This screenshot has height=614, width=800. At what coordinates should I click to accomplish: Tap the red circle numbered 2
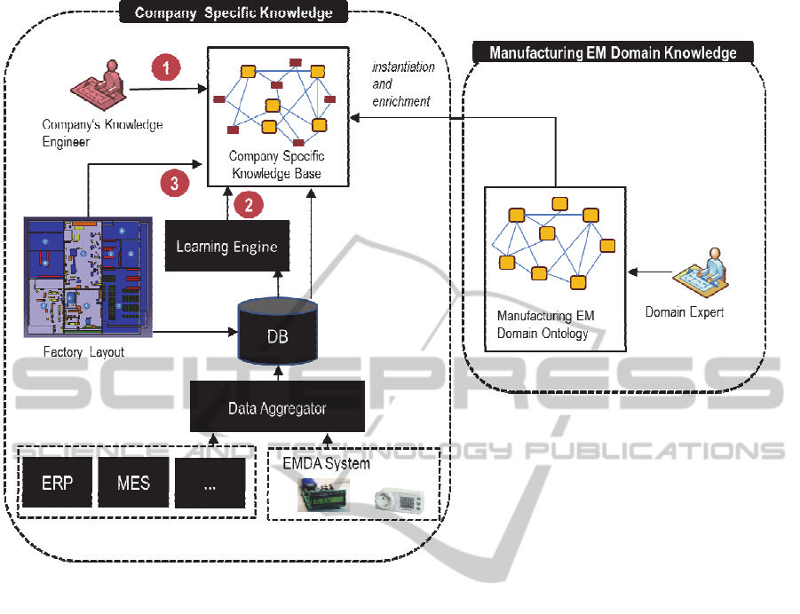click(248, 204)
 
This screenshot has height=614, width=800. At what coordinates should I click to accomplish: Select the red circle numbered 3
click(175, 184)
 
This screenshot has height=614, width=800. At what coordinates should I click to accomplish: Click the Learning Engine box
click(227, 246)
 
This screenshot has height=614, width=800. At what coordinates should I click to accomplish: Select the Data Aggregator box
click(278, 407)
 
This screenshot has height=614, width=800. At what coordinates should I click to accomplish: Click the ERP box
click(58, 483)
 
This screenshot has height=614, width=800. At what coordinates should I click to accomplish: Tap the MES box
click(133, 483)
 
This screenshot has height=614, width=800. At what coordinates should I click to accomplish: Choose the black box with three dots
click(210, 483)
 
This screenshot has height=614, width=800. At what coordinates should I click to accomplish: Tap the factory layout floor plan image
click(87, 276)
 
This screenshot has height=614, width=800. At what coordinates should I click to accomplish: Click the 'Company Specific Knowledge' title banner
click(234, 12)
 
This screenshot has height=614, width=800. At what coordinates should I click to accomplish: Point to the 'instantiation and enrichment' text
click(402, 84)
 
